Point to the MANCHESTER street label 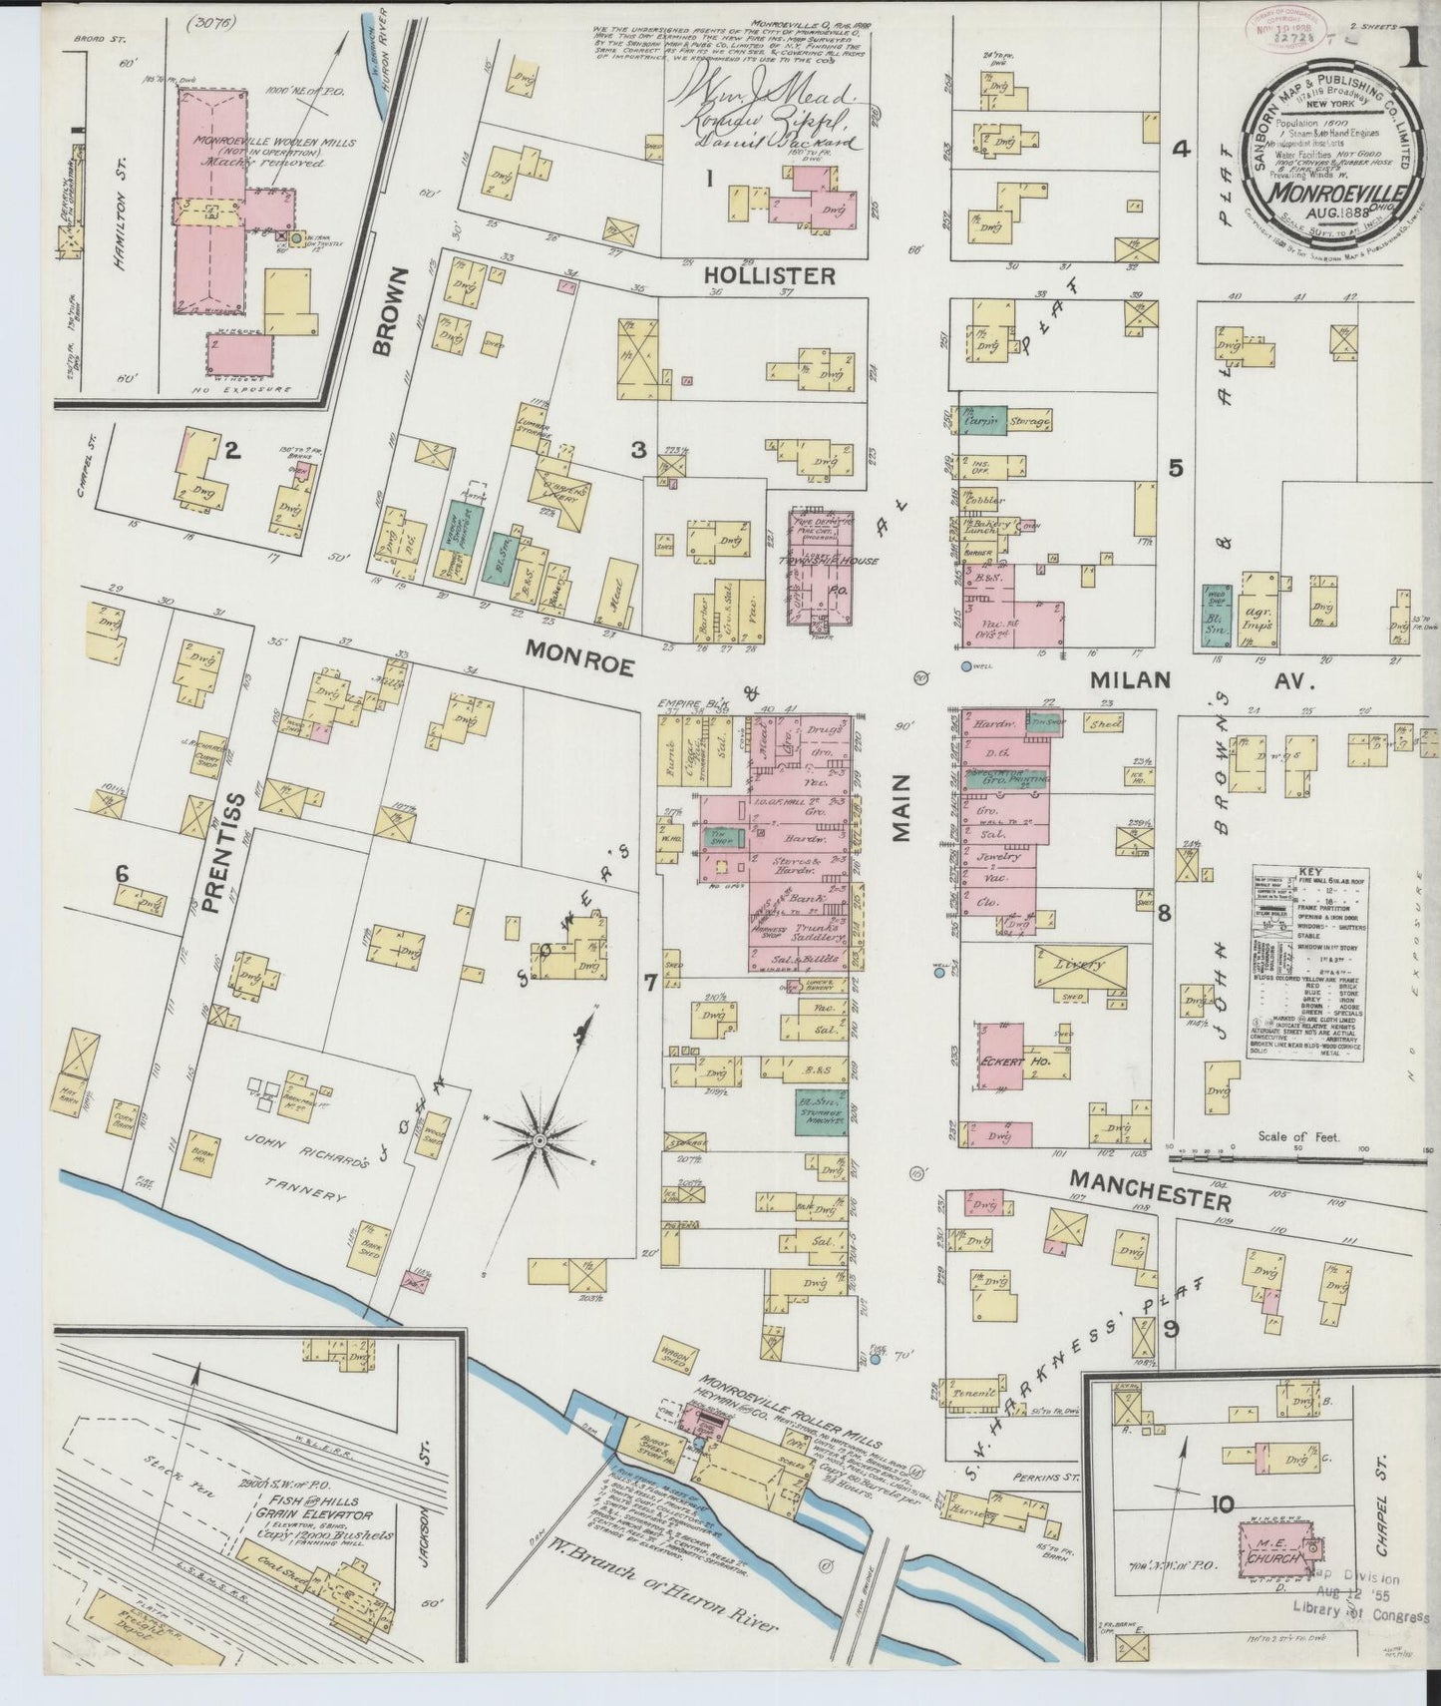[1155, 1193]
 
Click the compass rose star [540, 1138]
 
